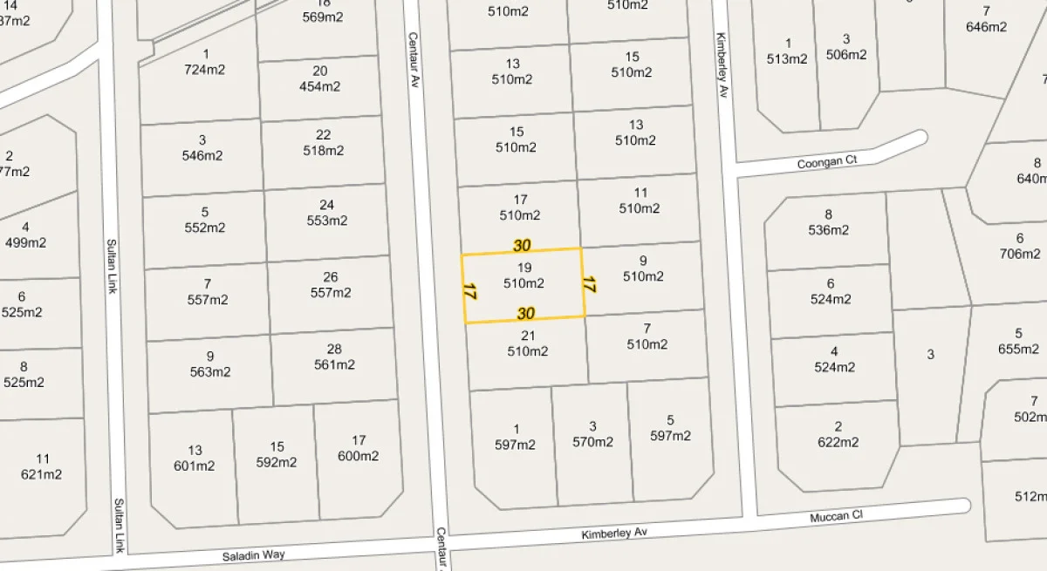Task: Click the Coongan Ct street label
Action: click(827, 162)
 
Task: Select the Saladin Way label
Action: click(253, 554)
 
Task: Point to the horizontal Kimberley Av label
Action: click(616, 533)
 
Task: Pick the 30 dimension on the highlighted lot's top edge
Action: click(522, 246)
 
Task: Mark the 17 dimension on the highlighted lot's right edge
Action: click(589, 284)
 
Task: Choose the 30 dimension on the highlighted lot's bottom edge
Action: click(525, 314)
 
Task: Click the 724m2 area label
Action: click(204, 70)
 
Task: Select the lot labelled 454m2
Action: click(319, 86)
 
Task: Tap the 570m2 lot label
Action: click(592, 442)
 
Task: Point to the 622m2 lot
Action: click(838, 442)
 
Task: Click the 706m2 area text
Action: click(1020, 254)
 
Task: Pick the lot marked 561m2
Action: click(334, 364)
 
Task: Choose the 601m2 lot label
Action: click(194, 466)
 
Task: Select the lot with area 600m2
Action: click(359, 456)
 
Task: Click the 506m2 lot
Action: click(845, 54)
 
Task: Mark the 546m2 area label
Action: click(202, 155)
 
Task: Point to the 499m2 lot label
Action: click(26, 243)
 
